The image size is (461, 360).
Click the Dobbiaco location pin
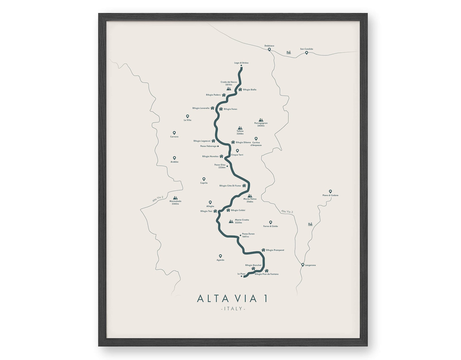pos(269,49)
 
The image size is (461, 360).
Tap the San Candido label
pos(307,49)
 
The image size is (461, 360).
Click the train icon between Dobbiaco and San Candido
pos(289,53)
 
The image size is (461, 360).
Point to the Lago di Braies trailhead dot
pos(241,66)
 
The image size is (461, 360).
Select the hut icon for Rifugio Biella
pos(240,89)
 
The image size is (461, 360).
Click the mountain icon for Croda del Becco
pos(229,89)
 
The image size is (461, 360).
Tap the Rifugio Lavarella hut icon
pos(213,108)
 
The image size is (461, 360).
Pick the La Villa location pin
pos(188,116)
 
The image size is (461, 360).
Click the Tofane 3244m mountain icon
pos(240,128)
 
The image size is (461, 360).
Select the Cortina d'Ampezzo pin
pos(256,139)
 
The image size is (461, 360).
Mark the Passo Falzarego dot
pos(218,146)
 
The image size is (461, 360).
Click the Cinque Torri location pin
pos(237,151)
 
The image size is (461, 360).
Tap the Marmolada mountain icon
pos(175,198)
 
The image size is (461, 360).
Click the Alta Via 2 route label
pos(158,199)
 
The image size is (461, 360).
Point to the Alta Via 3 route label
pos(287,212)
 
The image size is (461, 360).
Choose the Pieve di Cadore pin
pos(330,191)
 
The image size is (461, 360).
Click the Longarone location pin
pos(303,265)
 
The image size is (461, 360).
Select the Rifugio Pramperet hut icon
pos(263,250)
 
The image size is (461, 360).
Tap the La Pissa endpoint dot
pos(242,276)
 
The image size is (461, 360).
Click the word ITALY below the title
pos(233,309)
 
